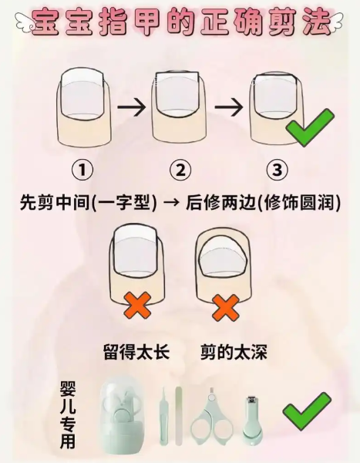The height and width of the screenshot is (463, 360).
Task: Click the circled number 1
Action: point(82,170)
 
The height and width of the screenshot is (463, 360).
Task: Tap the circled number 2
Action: point(180,170)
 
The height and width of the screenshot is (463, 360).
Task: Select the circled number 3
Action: point(277,170)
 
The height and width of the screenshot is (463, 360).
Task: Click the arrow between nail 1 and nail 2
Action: point(132,106)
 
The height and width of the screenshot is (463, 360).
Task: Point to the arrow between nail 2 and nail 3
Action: point(229,106)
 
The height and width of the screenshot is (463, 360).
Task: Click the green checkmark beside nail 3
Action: point(310,127)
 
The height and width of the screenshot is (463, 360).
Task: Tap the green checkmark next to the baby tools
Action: point(307,411)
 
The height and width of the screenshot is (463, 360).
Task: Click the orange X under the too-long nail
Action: point(138,306)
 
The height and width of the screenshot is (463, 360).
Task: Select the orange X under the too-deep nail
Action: point(225,308)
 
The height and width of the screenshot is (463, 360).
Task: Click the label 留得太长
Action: point(136,352)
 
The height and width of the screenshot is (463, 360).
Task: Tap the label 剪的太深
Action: point(234,352)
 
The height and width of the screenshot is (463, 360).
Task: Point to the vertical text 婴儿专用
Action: point(68,414)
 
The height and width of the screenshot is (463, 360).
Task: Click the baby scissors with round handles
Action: point(210,417)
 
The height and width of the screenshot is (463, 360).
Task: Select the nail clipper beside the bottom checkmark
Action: point(252,421)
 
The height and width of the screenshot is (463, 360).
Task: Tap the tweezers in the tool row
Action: point(163,417)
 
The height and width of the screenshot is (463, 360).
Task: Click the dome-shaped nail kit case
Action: point(123,414)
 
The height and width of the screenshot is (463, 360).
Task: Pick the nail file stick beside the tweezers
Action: point(178,416)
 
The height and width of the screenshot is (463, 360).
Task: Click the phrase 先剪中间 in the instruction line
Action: point(55,203)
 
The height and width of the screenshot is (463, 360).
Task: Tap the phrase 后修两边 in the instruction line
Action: point(220,203)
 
